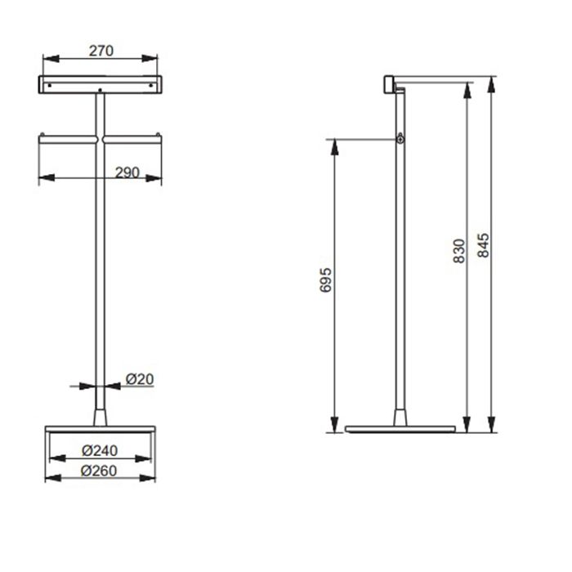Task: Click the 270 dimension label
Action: tap(101, 51)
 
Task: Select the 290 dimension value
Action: tap(127, 172)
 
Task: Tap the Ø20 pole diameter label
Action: tap(140, 379)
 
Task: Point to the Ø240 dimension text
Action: tap(100, 450)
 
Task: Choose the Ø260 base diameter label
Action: tap(99, 471)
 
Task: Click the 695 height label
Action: tap(325, 280)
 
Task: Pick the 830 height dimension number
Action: tap(459, 251)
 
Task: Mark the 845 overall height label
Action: tap(484, 245)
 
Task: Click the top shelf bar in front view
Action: tap(101, 85)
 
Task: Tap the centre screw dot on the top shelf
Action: tap(100, 90)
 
